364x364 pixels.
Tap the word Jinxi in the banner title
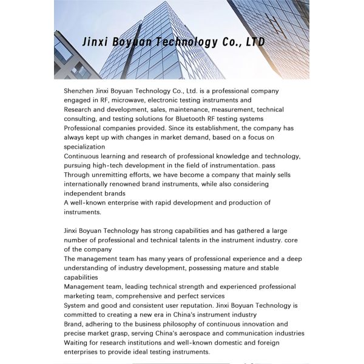96,42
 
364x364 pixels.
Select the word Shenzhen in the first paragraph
79,90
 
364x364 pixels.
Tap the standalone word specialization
84,147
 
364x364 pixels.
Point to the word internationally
91,184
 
